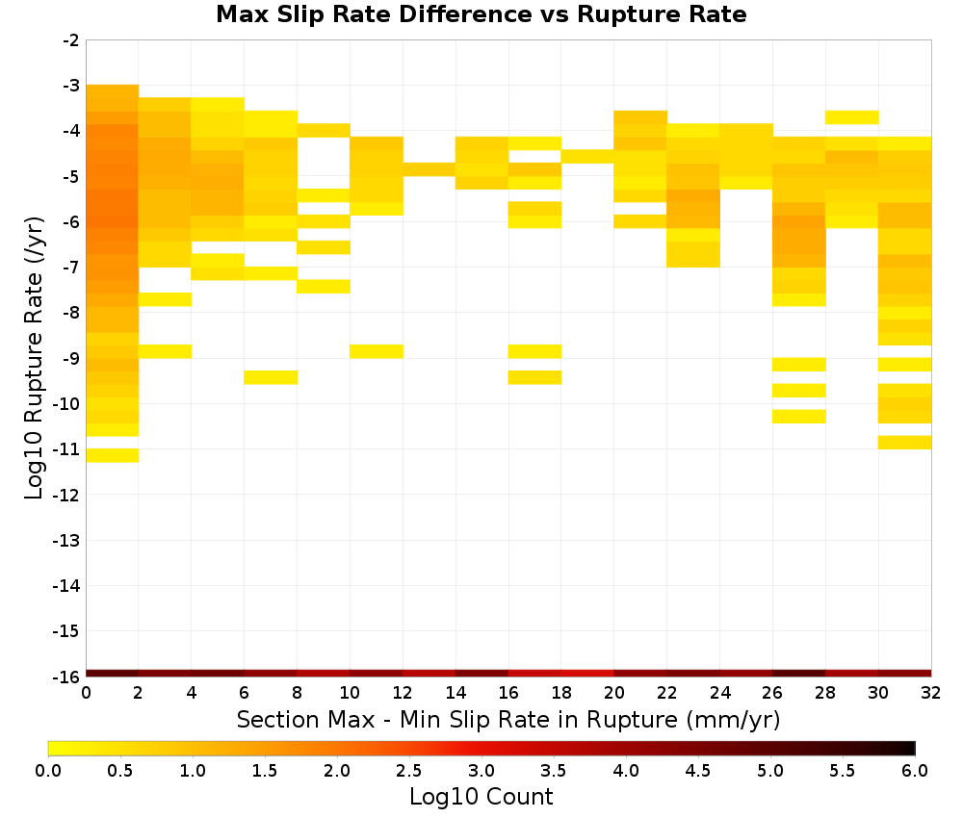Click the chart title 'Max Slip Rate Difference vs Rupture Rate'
point(481,14)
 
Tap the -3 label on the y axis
point(71,86)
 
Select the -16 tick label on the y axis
point(66,677)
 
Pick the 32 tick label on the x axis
point(931,693)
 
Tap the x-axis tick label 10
point(350,693)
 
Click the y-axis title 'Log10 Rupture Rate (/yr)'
point(34,358)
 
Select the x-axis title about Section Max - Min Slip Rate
point(508,719)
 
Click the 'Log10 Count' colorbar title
point(481,797)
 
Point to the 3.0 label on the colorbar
point(481,770)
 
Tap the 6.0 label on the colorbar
point(915,770)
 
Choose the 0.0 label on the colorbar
point(48,770)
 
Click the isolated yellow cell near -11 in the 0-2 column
point(113,455)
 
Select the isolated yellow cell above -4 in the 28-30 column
point(852,117)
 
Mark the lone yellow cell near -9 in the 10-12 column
point(377,351)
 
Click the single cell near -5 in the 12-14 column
point(429,169)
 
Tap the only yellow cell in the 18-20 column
point(587,157)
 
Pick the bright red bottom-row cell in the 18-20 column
point(587,674)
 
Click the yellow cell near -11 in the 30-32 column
point(904,443)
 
